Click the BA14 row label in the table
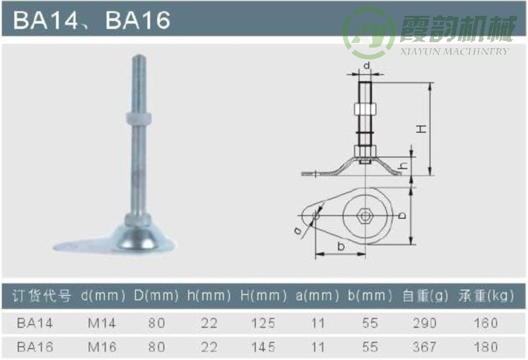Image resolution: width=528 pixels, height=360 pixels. click(34, 323)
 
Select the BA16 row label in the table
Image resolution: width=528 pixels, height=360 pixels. click(34, 347)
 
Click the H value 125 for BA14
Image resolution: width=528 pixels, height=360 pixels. click(262, 323)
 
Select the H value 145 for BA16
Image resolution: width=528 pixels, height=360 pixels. click(262, 347)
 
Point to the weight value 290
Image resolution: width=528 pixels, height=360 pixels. click(425, 323)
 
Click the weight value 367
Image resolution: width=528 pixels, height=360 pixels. click(425, 347)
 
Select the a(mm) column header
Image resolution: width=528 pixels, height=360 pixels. click(314, 296)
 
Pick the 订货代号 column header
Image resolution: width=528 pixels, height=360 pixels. click(42, 296)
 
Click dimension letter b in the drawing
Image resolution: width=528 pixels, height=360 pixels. click(341, 247)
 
